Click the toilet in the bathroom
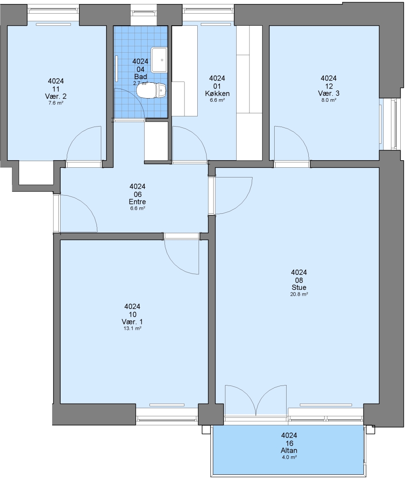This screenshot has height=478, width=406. tap(151, 90)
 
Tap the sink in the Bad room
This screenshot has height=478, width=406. tap(159, 60)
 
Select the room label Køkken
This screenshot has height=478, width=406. tap(217, 93)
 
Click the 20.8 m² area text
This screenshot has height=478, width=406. tap(299, 294)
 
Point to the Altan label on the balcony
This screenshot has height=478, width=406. tap(289, 450)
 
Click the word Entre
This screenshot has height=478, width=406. tap(138, 202)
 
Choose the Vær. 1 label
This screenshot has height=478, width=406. tap(132, 322)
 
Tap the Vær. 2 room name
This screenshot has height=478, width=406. tap(56, 96)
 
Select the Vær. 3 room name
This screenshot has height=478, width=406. tap(329, 93)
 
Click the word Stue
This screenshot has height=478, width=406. tap(299, 288)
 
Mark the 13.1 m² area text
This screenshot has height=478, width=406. tap(132, 328)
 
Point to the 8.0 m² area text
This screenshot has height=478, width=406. tap(329, 100)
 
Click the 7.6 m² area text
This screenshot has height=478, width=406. tap(56, 103)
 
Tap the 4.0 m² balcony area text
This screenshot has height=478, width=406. tap(289, 457)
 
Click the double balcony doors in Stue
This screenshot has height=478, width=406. tap(256, 401)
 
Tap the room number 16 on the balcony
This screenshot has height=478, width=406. tap(289, 443)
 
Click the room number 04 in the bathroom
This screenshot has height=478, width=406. tap(140, 69)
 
